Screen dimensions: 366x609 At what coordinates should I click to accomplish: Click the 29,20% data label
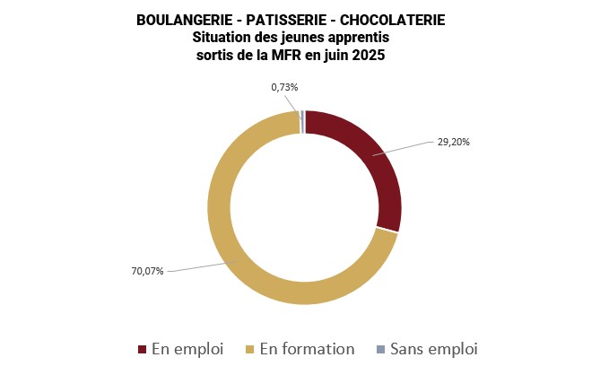click(454, 142)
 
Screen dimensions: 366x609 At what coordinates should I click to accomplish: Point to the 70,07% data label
click(148, 271)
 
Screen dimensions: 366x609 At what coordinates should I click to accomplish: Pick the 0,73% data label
click(284, 87)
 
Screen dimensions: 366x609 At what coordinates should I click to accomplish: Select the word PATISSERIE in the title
click(284, 21)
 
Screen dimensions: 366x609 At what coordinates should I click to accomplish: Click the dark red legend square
click(142, 349)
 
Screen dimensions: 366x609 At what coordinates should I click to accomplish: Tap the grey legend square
click(380, 349)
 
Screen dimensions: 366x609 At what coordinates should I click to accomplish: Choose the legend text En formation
click(307, 349)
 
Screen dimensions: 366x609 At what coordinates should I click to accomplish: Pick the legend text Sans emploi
click(433, 349)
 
